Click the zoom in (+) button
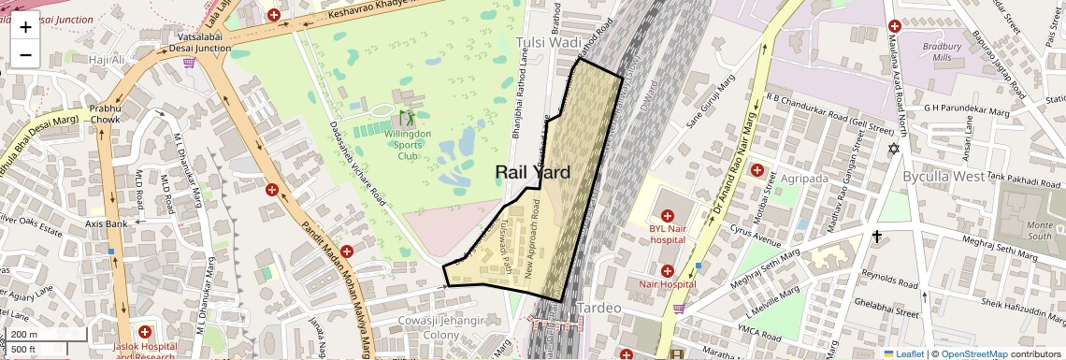[x=25, y=26]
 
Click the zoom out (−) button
[x=25, y=54]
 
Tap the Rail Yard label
[x=532, y=172]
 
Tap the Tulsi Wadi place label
[x=549, y=43]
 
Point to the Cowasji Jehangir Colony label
[x=439, y=328]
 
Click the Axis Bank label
[x=106, y=224]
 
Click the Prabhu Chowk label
[x=106, y=113]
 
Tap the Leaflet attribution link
[x=903, y=354]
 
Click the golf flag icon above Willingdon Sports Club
[x=407, y=118]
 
